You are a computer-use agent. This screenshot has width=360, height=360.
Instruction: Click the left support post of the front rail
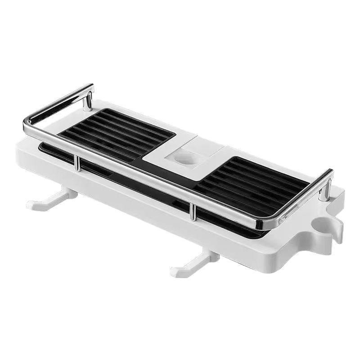point(77,163)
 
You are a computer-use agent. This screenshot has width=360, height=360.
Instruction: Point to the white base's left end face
point(22,155)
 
